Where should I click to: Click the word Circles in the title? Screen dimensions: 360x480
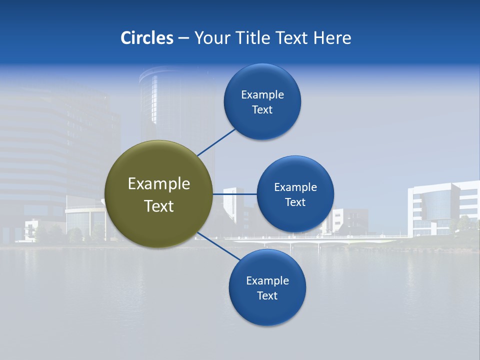pyautogui.click(x=147, y=38)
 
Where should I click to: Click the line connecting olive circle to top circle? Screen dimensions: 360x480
pyautogui.click(x=216, y=142)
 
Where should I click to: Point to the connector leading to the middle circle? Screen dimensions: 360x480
pyautogui.click(x=234, y=194)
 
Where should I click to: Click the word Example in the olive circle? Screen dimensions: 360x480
pyautogui.click(x=159, y=184)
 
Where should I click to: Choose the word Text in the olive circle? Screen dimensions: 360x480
pyautogui.click(x=159, y=206)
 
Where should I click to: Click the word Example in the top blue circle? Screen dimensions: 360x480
pyautogui.click(x=262, y=94)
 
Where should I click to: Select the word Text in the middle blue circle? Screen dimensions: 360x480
pyautogui.click(x=295, y=202)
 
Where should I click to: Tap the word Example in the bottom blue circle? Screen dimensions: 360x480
pyautogui.click(x=267, y=280)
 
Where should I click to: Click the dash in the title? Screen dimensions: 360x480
pyautogui.click(x=183, y=38)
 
